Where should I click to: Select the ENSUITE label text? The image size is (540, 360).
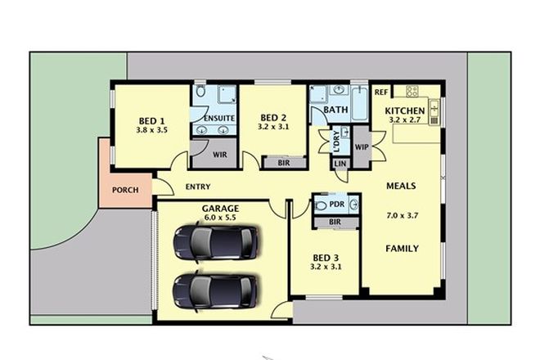click(x=219, y=119)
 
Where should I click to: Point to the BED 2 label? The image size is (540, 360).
click(x=273, y=117)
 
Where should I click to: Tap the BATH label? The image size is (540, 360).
click(x=335, y=110)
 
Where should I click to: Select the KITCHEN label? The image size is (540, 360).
click(x=405, y=110)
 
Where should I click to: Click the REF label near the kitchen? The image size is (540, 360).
click(x=381, y=92)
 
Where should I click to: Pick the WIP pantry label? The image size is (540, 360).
click(x=362, y=147)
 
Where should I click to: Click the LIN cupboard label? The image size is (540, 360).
click(x=340, y=164)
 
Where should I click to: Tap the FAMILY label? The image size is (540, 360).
click(x=402, y=248)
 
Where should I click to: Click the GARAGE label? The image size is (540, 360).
click(x=219, y=209)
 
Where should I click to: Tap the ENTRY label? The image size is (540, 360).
click(x=197, y=187)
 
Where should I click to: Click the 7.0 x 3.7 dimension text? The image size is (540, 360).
click(x=402, y=217)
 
